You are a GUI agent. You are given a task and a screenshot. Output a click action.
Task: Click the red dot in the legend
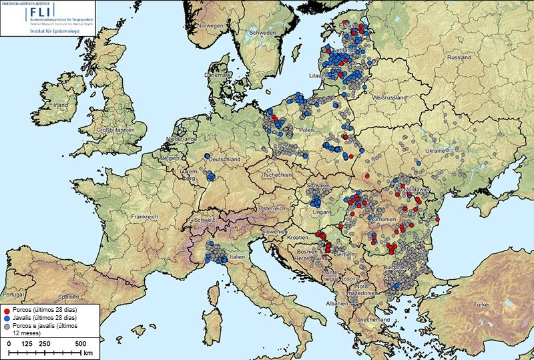[7, 311]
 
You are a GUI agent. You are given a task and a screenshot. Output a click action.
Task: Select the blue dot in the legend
[7, 319]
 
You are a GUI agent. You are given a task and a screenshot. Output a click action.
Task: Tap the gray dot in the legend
[7, 327]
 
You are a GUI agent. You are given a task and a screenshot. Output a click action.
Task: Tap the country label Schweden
[262, 33]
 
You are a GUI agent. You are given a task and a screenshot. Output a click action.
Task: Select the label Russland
[458, 58]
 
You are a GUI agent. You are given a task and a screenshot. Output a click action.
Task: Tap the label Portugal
[14, 295]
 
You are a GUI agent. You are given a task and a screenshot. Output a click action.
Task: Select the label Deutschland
[225, 160]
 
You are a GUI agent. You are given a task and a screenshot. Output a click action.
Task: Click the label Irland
[61, 106]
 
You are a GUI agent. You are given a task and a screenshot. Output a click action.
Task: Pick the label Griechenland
[378, 320]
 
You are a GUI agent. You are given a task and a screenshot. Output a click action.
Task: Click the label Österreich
[272, 208]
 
